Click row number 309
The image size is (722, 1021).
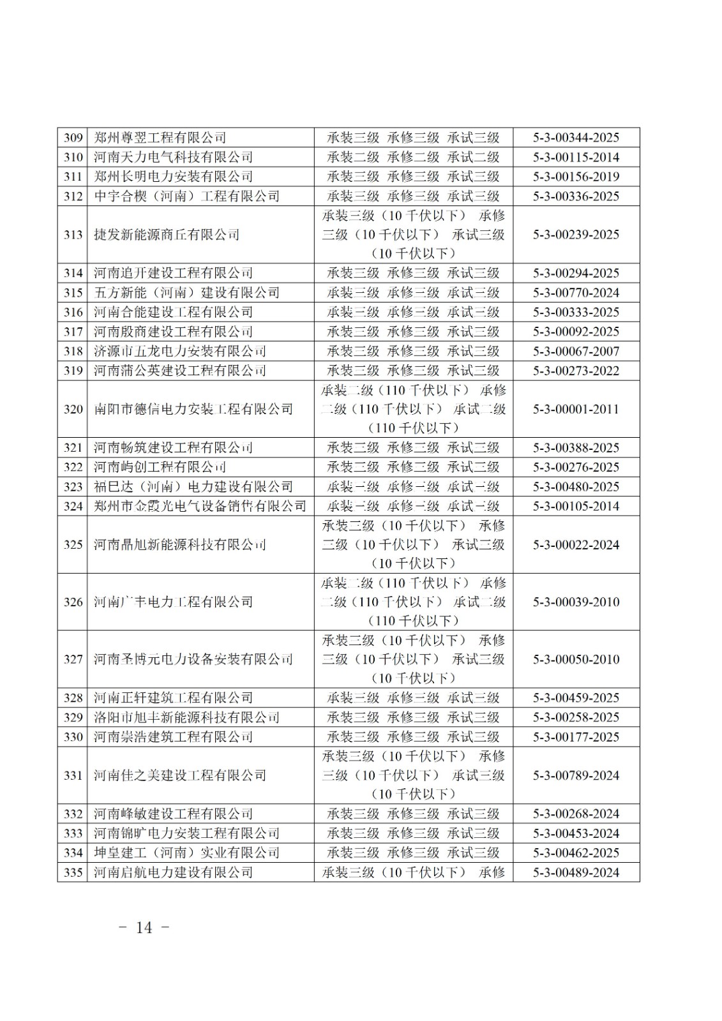click(x=73, y=138)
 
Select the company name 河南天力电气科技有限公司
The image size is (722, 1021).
click(x=173, y=157)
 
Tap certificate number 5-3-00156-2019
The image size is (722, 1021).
click(x=576, y=177)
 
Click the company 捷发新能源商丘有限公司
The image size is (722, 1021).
click(x=167, y=235)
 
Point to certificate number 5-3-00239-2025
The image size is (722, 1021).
click(x=576, y=235)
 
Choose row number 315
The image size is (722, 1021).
click(x=73, y=293)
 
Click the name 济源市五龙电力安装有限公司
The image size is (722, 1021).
click(x=180, y=351)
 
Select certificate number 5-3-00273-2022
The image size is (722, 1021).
click(x=576, y=371)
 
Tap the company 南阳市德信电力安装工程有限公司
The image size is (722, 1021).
click(x=193, y=409)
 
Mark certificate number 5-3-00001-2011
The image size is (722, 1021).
click(x=576, y=409)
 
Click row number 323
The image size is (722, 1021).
click(x=73, y=487)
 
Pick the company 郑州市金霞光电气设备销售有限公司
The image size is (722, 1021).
click(x=200, y=506)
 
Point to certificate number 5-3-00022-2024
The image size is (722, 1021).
click(x=576, y=545)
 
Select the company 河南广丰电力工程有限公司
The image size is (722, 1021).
click(x=173, y=602)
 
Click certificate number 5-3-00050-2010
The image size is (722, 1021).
click(x=576, y=660)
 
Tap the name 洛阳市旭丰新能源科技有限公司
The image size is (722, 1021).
click(x=186, y=717)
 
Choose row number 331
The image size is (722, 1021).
click(x=73, y=775)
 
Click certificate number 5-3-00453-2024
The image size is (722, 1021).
click(x=576, y=833)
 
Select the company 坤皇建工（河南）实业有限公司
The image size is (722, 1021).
click(x=186, y=853)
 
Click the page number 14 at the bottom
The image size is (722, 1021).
click(x=144, y=928)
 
